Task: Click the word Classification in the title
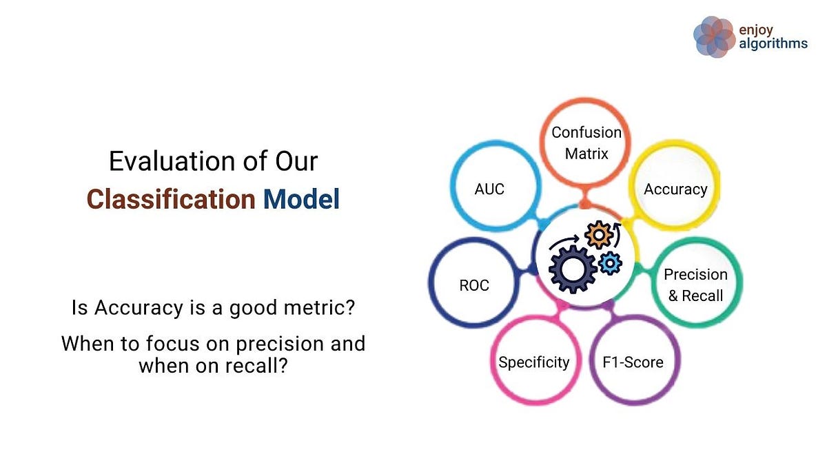(171, 199)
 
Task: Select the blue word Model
(301, 199)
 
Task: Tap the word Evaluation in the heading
(172, 161)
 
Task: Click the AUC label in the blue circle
(489, 189)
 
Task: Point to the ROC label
(474, 285)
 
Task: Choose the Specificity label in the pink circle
(534, 362)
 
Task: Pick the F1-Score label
(633, 362)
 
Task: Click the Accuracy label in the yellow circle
(675, 189)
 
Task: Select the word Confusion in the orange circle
(586, 132)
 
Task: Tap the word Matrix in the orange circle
(586, 154)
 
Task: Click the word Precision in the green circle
(695, 275)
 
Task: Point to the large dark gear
(573, 269)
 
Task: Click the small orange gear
(599, 235)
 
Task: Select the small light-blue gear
(610, 262)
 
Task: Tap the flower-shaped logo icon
(715, 37)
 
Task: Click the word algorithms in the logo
(773, 44)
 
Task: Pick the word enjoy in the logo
(756, 30)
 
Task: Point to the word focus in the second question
(173, 344)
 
